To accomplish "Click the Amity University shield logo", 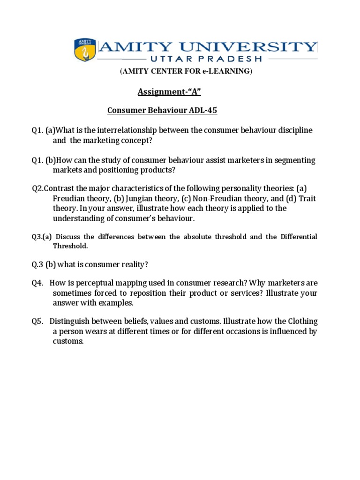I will (x=85, y=50).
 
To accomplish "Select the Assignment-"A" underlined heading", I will (x=169, y=92).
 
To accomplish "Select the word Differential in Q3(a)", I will (x=299, y=237).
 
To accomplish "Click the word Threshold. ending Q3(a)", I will (x=70, y=246).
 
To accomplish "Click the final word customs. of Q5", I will (x=68, y=341).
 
